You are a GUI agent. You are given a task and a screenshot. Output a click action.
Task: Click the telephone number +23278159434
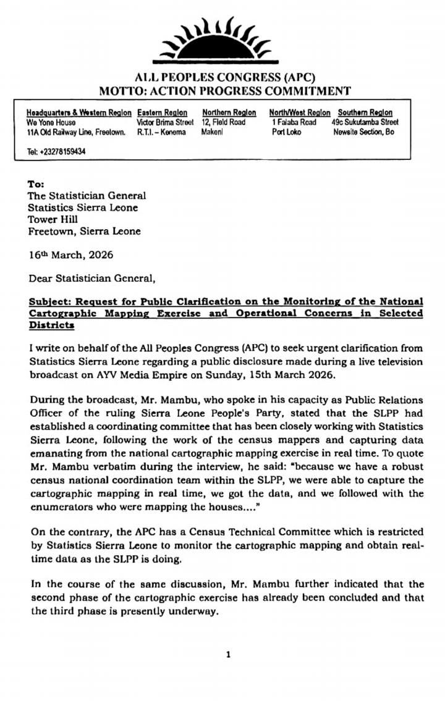(56, 151)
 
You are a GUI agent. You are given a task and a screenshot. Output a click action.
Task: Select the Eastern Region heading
(162, 112)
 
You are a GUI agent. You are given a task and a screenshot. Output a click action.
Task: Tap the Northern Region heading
(229, 112)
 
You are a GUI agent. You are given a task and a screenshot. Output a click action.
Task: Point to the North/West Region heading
(300, 112)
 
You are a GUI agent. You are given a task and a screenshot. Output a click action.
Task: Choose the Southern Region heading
(365, 112)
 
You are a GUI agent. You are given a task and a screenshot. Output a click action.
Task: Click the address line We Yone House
(51, 122)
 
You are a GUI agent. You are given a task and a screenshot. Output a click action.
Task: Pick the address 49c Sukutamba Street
(366, 122)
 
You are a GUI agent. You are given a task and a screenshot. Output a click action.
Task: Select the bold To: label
(36, 184)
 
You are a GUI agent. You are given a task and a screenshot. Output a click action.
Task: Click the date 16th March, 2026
(71, 254)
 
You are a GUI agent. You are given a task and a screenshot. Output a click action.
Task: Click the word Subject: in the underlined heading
(50, 301)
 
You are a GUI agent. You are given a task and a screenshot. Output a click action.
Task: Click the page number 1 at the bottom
(228, 655)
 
